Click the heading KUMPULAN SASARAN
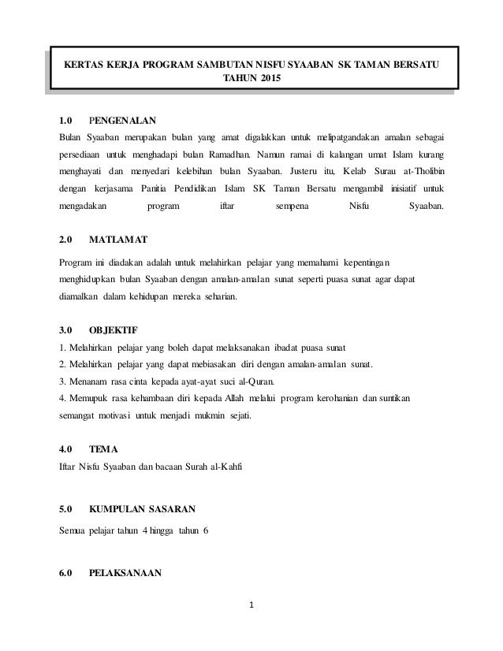pyautogui.click(x=144, y=510)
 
